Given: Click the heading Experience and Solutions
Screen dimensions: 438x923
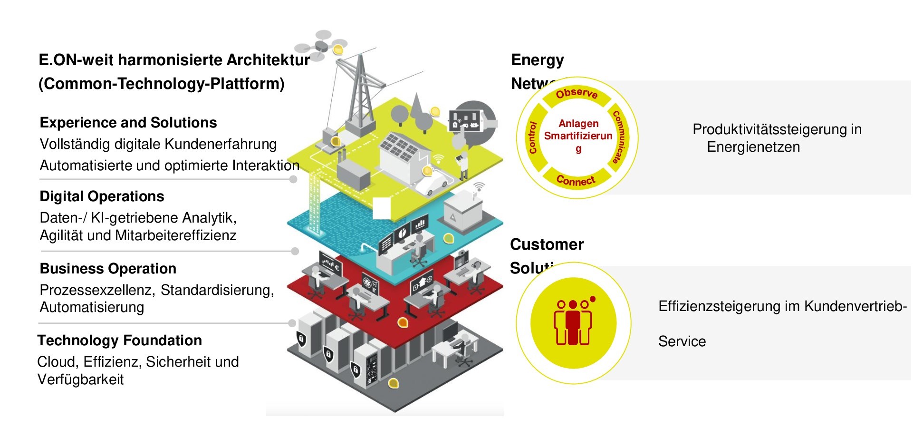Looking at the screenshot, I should [x=128, y=123].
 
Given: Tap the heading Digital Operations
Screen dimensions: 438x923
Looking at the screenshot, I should [x=102, y=196].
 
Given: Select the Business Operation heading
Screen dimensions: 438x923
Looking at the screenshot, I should [x=108, y=269].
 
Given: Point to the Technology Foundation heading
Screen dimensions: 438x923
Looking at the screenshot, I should [x=120, y=341].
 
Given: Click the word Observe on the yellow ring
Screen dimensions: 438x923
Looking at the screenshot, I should [x=577, y=93].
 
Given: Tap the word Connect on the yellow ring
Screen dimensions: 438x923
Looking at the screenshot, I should [x=576, y=181].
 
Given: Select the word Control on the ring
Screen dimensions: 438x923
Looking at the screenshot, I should [x=533, y=137].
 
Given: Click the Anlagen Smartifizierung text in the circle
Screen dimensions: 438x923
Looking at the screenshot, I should [x=578, y=136].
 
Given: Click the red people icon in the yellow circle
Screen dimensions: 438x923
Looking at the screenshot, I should [x=573, y=322].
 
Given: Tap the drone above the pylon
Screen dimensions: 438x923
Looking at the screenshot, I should [x=319, y=46].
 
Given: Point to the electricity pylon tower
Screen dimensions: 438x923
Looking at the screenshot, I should [x=360, y=95].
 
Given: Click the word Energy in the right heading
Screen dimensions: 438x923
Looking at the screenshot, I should [x=537, y=60].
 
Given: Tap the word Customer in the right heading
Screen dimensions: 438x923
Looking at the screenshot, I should [x=547, y=244].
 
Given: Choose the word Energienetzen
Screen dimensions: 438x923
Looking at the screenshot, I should [x=753, y=147].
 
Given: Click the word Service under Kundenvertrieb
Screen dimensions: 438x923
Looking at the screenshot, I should [x=682, y=341].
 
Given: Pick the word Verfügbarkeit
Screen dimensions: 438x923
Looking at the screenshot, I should [x=80, y=380].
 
